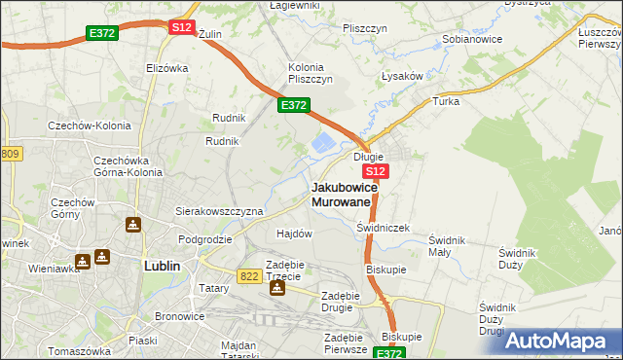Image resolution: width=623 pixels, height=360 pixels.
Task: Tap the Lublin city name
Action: click(x=162, y=265)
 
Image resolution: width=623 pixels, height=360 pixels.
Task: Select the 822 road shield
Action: click(x=248, y=276)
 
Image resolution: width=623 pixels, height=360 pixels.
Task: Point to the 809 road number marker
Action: click(x=10, y=154)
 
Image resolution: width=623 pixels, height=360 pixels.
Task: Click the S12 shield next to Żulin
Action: click(x=181, y=27)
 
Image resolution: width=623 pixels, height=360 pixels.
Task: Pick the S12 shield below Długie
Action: click(x=378, y=171)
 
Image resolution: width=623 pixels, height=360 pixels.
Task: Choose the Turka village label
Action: click(x=446, y=101)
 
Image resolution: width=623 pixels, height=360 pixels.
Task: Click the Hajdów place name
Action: click(x=294, y=234)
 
